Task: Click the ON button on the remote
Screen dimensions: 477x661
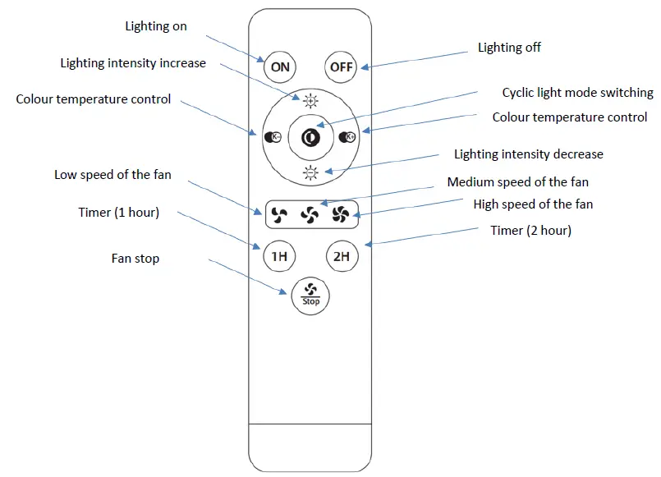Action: tap(280, 67)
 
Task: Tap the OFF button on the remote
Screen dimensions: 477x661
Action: tap(341, 67)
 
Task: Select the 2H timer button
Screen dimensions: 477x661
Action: tap(341, 256)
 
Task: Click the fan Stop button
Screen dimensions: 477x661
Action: tap(310, 295)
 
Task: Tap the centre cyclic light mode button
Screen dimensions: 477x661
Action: tap(310, 137)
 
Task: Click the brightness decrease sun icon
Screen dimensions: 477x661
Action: tap(310, 172)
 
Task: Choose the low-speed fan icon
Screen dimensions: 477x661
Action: tap(278, 216)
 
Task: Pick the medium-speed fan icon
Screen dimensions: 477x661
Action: tap(310, 216)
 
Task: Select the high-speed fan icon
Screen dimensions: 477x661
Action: tap(341, 216)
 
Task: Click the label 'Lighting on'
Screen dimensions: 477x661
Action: tap(156, 26)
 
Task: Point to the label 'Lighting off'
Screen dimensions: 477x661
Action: tap(509, 48)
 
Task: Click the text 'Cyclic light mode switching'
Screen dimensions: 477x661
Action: tap(577, 93)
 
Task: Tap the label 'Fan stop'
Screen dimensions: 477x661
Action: tap(135, 259)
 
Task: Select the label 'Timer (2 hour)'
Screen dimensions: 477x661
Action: tap(530, 231)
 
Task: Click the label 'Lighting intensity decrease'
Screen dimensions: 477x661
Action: tap(528, 154)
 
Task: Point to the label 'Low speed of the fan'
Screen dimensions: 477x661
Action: tap(112, 175)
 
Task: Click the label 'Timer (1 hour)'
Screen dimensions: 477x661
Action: tap(118, 213)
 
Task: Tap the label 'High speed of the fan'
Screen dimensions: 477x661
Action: tap(533, 204)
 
